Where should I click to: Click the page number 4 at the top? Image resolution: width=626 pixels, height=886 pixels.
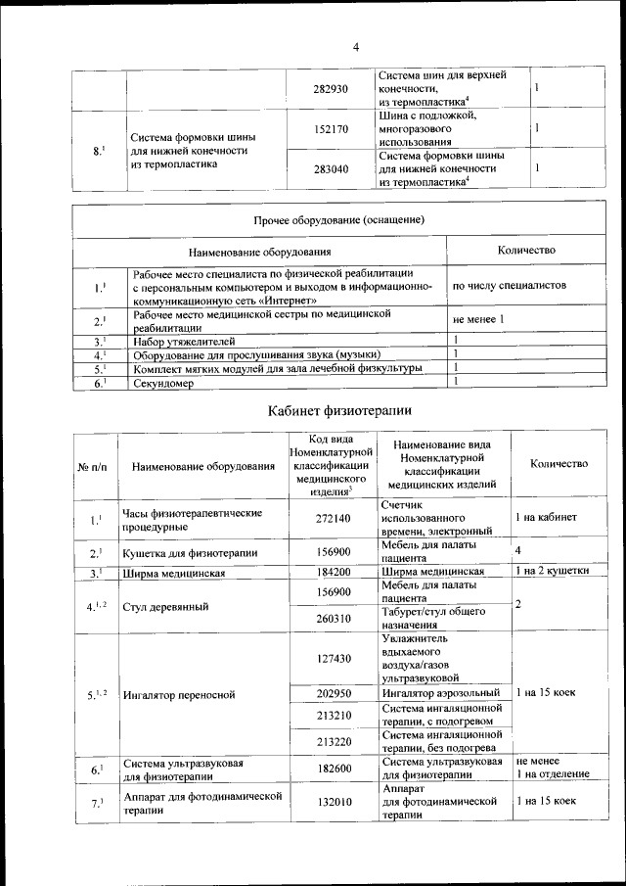point(356,46)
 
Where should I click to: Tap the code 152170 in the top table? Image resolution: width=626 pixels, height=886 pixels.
point(332,128)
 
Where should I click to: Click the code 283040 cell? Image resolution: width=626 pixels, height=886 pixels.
point(331,168)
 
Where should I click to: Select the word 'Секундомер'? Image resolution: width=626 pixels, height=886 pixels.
point(164,384)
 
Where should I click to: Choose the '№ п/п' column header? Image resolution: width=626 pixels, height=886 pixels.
point(94,466)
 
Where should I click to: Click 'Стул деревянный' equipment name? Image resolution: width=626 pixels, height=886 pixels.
point(165,606)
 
